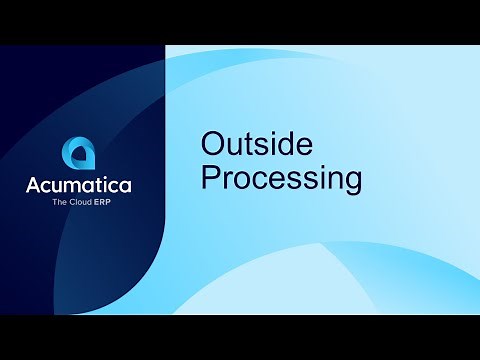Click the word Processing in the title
[x=281, y=179]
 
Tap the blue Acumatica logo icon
[x=79, y=153]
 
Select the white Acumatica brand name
[x=79, y=186]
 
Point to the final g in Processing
[x=349, y=183]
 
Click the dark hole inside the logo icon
[x=80, y=156]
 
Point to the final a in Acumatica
[x=124, y=187]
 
